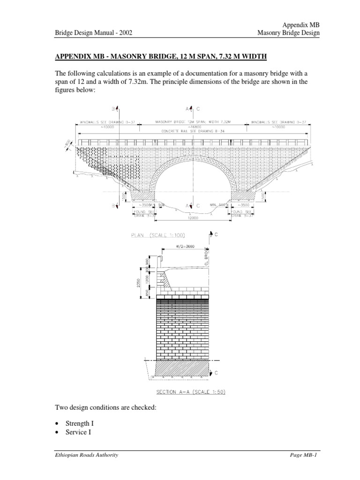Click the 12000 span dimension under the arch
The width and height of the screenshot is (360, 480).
click(191, 218)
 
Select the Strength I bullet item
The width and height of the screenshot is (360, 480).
click(81, 423)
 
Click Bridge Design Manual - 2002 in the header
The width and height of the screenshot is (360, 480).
click(93, 33)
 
